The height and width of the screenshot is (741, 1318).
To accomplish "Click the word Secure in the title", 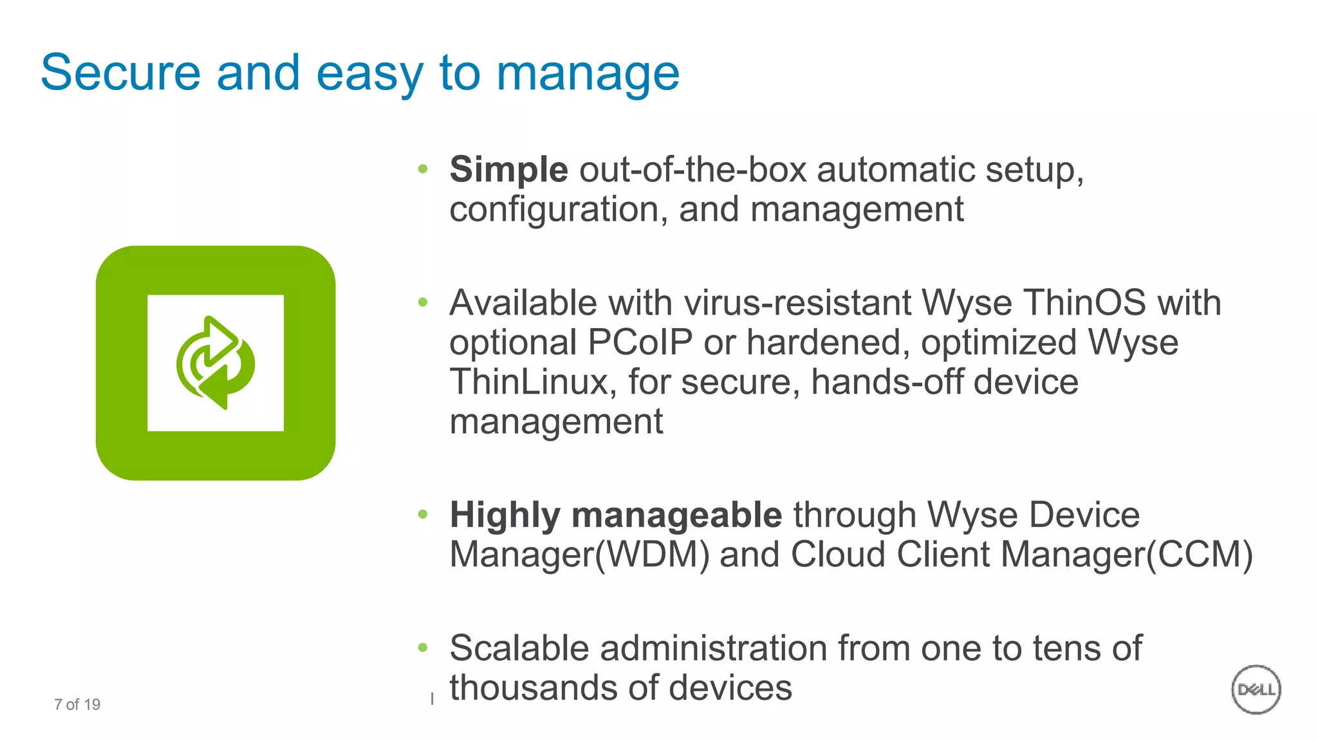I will click(x=120, y=73).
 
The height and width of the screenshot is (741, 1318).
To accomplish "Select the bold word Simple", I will click(x=508, y=170).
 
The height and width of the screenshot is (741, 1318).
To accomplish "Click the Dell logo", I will click(x=1256, y=690).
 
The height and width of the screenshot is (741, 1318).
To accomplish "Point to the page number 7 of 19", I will click(x=77, y=704).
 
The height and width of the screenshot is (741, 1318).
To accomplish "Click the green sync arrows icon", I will click(x=216, y=363).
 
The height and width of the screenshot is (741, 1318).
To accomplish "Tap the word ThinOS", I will click(x=1084, y=302).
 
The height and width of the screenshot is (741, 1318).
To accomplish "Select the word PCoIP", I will click(x=640, y=342).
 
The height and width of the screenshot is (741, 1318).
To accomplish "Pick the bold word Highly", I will click(x=505, y=515).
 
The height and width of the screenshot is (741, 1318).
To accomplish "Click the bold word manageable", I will click(x=676, y=515).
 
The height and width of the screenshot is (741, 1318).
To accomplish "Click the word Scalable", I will click(x=519, y=648).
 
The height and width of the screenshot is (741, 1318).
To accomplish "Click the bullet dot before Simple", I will click(x=423, y=169).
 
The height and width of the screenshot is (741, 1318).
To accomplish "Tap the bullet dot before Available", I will click(x=423, y=302).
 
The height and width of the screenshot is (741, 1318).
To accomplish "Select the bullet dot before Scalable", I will click(x=423, y=648).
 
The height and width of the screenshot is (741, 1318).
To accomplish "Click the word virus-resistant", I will click(x=797, y=302).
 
